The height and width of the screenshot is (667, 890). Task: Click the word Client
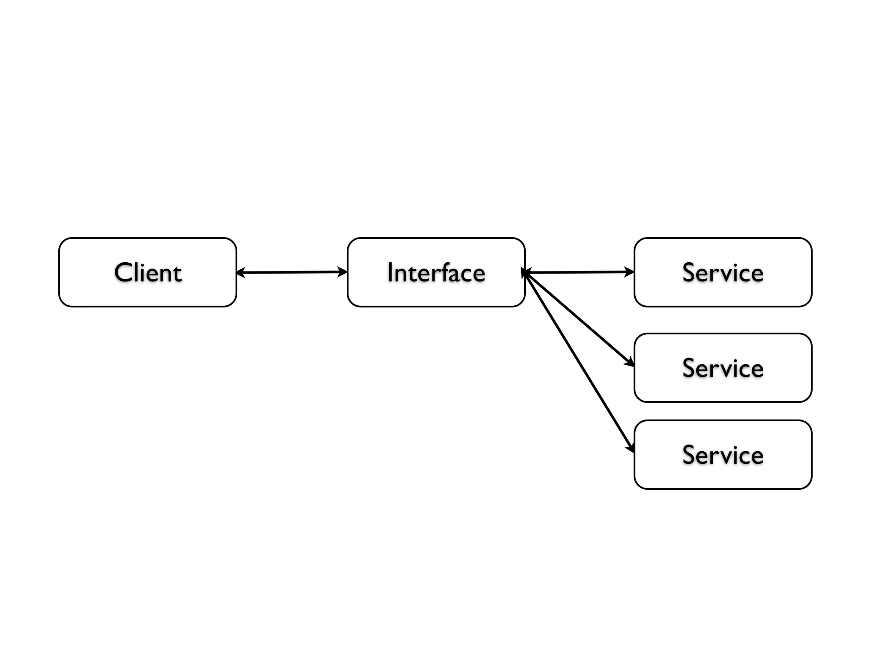pos(148,273)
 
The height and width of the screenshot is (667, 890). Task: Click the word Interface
pos(436,273)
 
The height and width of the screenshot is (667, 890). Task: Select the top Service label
pos(723,273)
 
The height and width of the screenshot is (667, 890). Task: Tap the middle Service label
pos(723,368)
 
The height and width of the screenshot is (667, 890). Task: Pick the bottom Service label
pos(723,455)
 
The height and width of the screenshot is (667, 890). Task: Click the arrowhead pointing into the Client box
pos(240,273)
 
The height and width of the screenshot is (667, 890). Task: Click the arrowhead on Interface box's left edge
pos(343,272)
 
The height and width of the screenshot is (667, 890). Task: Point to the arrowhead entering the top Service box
pos(630,272)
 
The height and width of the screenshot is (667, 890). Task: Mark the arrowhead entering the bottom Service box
pos(631,447)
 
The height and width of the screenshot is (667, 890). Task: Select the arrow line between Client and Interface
pos(291,273)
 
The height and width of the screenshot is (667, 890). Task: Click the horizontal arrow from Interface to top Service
pos(578,272)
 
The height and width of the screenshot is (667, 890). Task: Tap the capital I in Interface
pos(390,273)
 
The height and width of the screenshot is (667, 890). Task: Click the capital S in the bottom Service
pos(689,455)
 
